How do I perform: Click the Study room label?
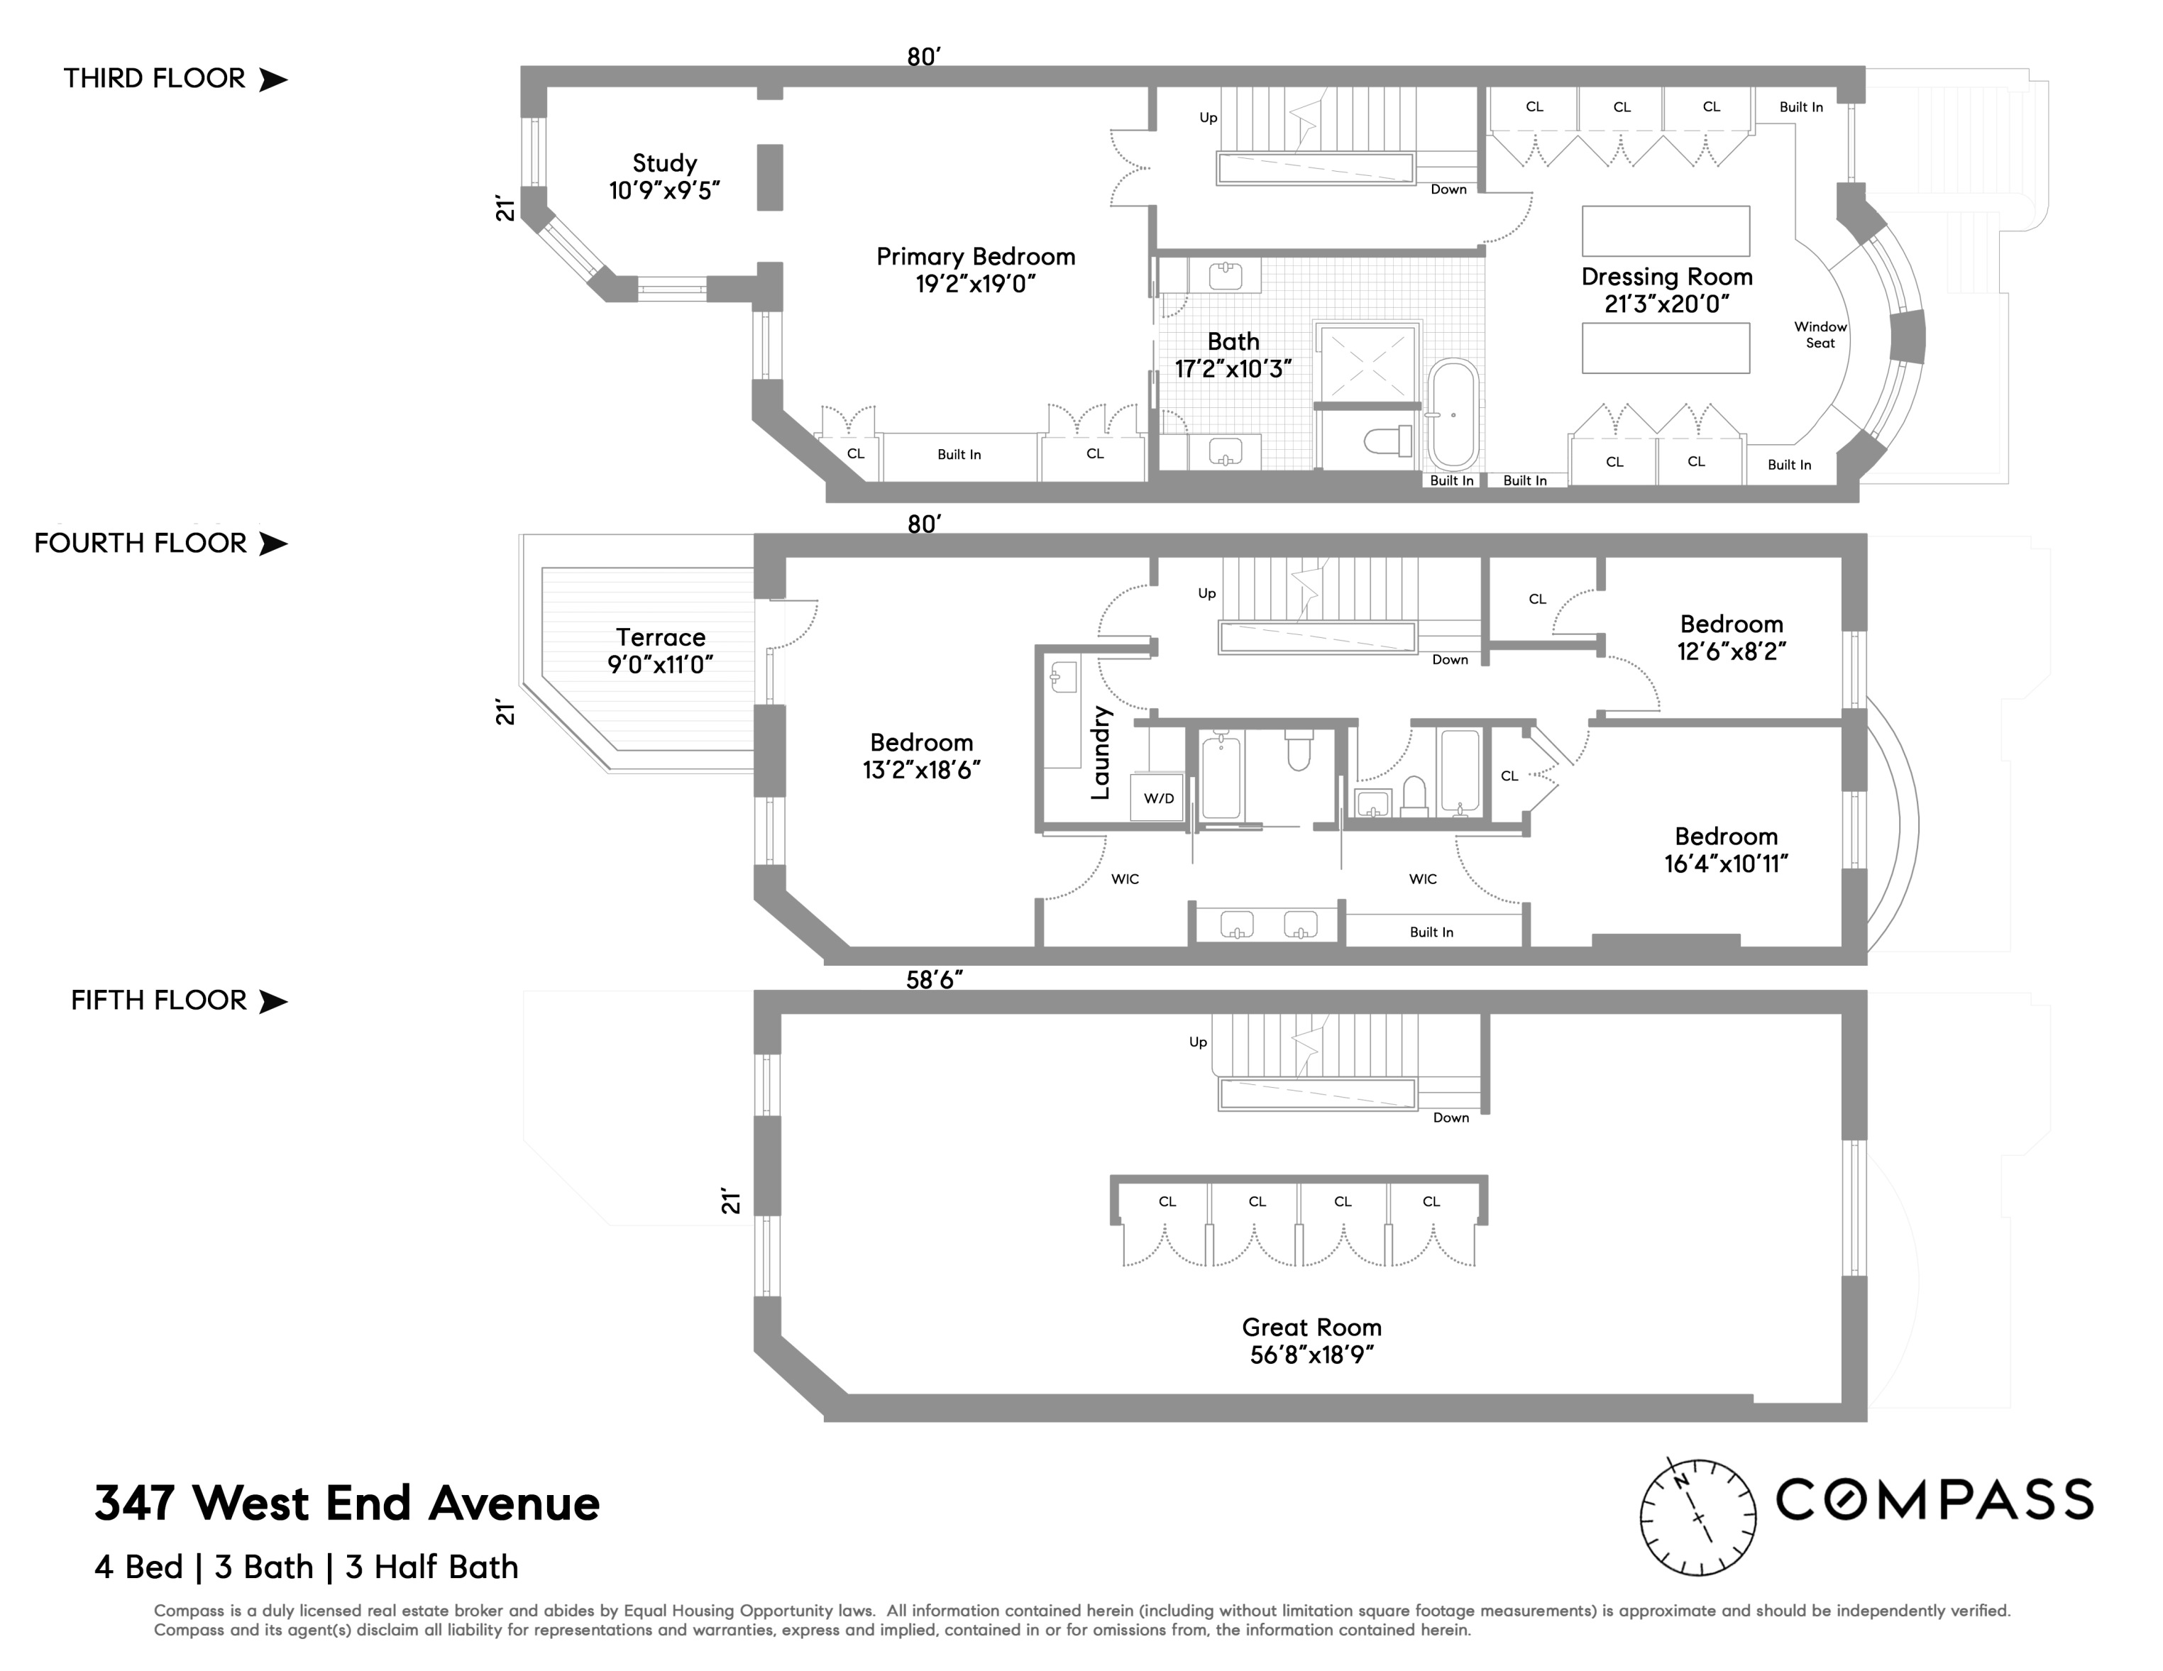664,163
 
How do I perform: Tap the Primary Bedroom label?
976,257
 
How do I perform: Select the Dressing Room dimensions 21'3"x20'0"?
1667,304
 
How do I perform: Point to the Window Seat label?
1820,335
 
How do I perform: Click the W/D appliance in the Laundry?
1157,798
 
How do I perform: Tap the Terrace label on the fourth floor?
661,638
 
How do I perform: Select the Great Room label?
1311,1328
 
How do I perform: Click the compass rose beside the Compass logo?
1697,1516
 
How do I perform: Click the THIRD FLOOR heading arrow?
273,79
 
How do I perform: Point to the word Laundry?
1101,753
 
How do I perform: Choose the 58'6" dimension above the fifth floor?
934,980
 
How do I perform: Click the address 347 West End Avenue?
346,1503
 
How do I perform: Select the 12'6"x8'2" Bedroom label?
1732,638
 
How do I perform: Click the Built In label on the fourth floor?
1431,932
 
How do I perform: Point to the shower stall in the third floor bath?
1367,363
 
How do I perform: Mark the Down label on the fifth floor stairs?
1451,1118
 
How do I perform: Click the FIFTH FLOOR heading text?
158,1000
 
